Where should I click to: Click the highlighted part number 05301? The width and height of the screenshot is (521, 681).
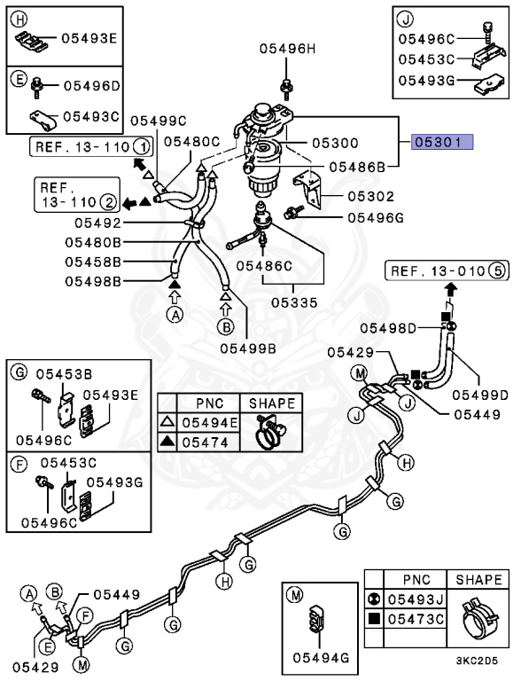[441, 141]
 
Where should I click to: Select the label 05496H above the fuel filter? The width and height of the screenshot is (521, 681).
[288, 49]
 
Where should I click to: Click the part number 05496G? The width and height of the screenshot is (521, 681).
[375, 216]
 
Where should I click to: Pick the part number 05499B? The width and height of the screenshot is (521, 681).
[248, 348]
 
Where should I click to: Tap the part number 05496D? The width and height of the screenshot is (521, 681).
[90, 85]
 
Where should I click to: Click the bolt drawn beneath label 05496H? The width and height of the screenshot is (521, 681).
[288, 86]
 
